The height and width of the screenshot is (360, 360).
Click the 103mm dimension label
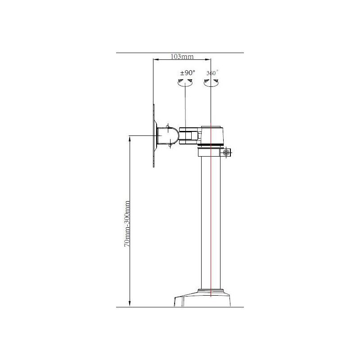coord(182,57)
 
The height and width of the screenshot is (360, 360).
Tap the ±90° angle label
coord(188,73)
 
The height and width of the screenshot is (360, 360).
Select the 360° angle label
coord(212,73)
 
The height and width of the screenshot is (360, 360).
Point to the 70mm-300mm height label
coord(127,224)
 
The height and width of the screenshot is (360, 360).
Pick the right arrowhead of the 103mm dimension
coord(208,60)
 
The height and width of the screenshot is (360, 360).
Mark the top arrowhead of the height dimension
coord(130,139)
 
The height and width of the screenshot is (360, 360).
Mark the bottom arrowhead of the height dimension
coord(130,303)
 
